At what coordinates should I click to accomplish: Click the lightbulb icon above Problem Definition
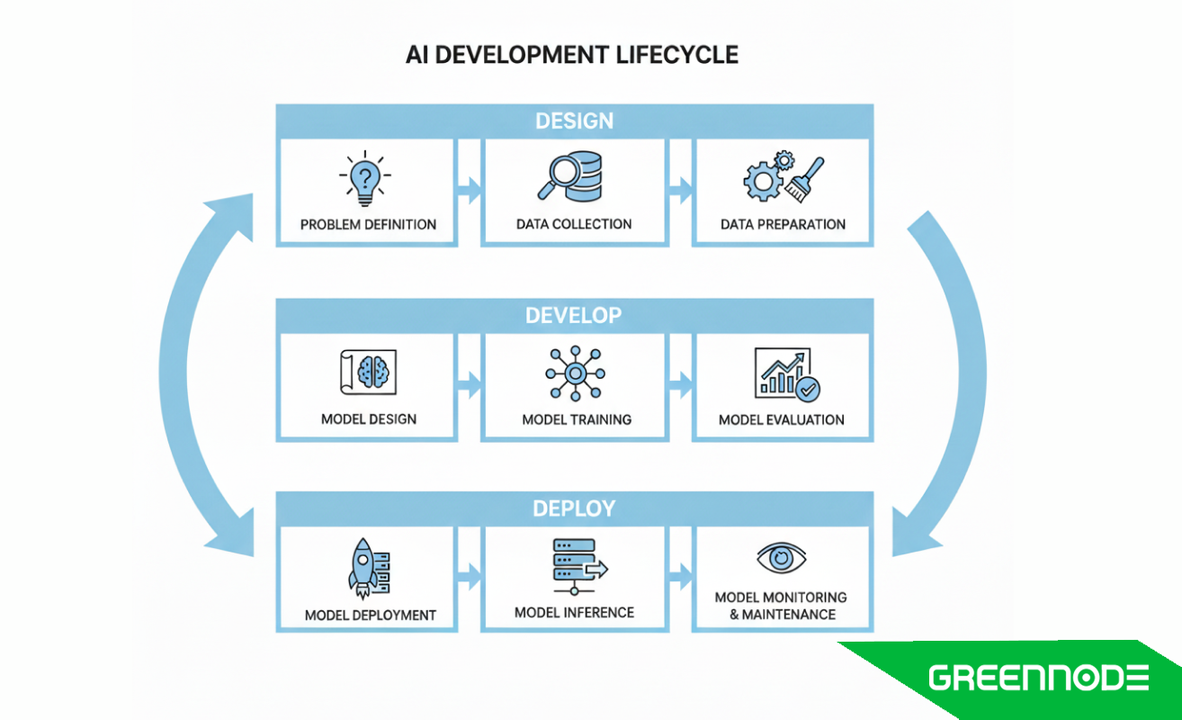point(367,178)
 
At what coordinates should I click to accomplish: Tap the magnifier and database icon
point(574,176)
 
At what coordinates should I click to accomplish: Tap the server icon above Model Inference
point(576,563)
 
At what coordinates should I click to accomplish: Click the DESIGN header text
point(574,121)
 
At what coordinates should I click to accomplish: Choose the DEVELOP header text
point(574,316)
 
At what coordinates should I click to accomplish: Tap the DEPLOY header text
point(574,508)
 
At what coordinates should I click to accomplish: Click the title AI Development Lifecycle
point(572,55)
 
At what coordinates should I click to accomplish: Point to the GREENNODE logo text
point(1039,677)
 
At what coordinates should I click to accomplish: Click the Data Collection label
point(574,224)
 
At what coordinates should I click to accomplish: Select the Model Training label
point(576,419)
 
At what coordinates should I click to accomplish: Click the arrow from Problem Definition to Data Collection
point(469,190)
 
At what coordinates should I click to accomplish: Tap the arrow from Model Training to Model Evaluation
point(680,386)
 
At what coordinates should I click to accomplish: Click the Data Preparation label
point(783,224)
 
